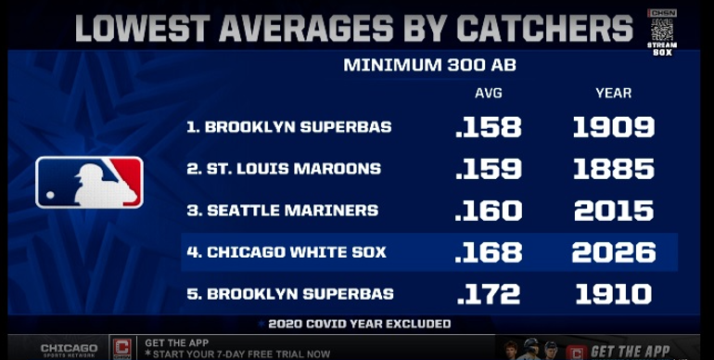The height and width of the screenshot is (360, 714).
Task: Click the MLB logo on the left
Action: tap(89, 182)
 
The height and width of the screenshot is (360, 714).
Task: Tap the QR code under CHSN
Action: tap(662, 30)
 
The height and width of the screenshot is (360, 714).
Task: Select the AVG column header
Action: tap(488, 94)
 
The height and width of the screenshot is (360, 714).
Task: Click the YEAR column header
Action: tap(613, 94)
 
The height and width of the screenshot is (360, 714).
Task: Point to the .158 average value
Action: tap(488, 127)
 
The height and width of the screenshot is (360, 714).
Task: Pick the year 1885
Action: tap(613, 169)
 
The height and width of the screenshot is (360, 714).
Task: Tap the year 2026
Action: tap(614, 252)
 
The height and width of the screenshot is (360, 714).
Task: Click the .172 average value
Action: tap(488, 294)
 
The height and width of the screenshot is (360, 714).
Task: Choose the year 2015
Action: tap(614, 211)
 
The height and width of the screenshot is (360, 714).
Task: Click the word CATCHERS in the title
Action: tap(544, 28)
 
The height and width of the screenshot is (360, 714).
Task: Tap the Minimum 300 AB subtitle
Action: tap(430, 65)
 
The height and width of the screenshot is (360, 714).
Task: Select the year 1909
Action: tap(613, 127)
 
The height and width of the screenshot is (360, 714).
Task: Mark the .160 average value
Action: tap(488, 211)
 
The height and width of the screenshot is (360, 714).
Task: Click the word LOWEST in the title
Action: tap(144, 28)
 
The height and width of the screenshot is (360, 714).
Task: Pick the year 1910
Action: tap(613, 294)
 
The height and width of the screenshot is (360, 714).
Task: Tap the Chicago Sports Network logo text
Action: tap(69, 350)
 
